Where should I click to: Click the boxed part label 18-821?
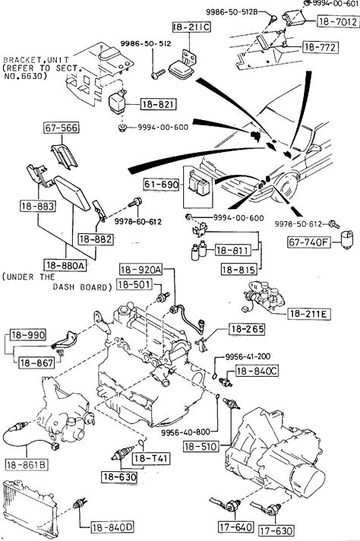tap(159, 104)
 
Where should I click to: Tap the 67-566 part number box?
tap(62, 128)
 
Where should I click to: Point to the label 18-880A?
tap(65, 265)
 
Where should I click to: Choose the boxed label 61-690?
tap(162, 185)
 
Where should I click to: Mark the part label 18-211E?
tap(309, 314)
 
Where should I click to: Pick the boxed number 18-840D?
tap(112, 527)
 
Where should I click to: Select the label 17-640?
tap(236, 527)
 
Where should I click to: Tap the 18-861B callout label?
tap(27, 465)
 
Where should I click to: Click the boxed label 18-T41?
tap(151, 458)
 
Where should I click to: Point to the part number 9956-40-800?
tap(185, 432)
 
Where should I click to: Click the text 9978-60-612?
tap(138, 222)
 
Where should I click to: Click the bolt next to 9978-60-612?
tap(135, 202)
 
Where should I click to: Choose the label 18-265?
tap(248, 329)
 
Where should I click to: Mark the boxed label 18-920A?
tap(141, 270)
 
